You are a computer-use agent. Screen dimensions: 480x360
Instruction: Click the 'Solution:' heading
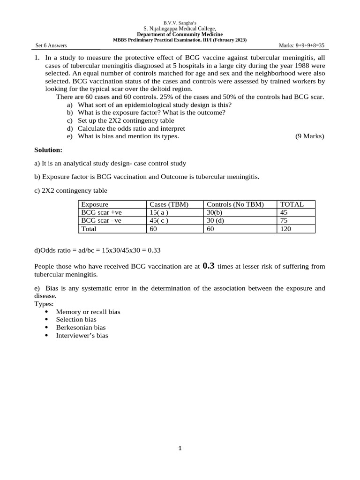(x=48, y=150)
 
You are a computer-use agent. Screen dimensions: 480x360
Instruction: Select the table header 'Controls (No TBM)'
(x=235, y=204)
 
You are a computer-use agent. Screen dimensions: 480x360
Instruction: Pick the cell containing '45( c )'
(x=158, y=220)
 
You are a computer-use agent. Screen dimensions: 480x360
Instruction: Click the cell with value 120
(x=285, y=229)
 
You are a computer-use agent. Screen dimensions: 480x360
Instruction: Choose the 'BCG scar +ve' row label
(x=101, y=212)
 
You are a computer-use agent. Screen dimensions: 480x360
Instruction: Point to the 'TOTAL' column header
(x=292, y=204)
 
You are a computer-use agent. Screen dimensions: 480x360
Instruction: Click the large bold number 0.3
(x=209, y=266)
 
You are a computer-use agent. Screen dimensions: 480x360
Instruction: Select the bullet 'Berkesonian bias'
(x=81, y=328)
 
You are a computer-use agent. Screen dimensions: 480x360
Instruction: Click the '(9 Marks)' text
(x=309, y=136)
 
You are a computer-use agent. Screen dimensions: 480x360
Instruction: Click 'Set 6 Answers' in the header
(x=51, y=45)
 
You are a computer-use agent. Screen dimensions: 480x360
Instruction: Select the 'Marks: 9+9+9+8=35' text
(x=301, y=45)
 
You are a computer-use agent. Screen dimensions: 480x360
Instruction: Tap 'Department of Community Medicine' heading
(x=180, y=35)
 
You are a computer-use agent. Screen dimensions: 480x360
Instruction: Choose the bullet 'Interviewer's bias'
(x=82, y=336)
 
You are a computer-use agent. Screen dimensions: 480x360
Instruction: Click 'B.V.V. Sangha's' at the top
(x=180, y=23)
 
